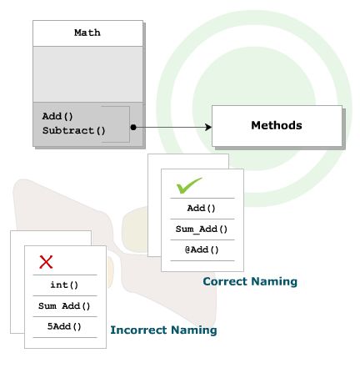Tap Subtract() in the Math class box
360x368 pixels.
(74, 129)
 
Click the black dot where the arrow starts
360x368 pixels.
(133, 127)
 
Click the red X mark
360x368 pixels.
(47, 262)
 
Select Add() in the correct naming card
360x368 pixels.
(200, 209)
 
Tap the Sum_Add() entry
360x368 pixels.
(200, 229)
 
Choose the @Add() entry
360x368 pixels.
(200, 250)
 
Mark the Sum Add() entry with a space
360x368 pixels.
(64, 305)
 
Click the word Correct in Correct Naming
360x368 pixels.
(225, 282)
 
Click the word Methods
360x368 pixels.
(276, 127)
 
